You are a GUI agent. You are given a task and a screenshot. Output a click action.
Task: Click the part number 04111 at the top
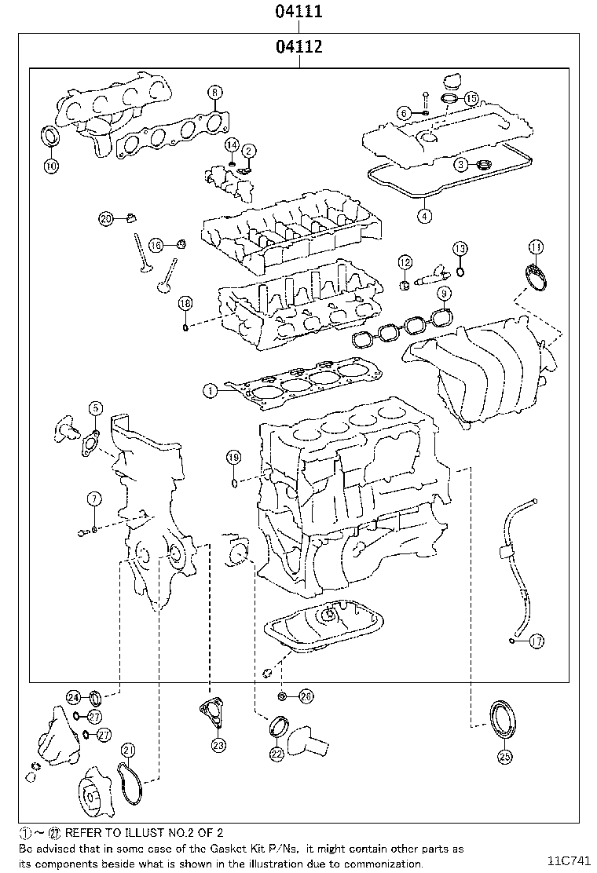[298, 12]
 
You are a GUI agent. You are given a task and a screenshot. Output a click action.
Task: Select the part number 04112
[298, 47]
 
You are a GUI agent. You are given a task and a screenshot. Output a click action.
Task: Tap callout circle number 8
[214, 92]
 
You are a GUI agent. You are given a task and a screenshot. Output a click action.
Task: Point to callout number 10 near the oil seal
[50, 166]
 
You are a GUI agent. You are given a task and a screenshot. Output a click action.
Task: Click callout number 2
[248, 150]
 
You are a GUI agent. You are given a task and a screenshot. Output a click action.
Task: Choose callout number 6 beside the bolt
[404, 113]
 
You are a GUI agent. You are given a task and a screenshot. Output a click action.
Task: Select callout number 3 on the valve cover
[463, 163]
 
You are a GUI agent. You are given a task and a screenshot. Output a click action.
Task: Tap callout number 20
[106, 218]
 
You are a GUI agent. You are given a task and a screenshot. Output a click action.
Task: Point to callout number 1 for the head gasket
[209, 389]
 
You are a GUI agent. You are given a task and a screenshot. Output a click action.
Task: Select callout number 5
[94, 407]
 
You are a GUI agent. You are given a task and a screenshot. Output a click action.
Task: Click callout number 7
[93, 498]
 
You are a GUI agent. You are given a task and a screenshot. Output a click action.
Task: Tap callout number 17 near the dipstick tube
[536, 641]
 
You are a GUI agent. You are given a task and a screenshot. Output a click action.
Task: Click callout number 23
[218, 744]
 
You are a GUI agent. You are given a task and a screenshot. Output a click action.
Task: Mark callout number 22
[276, 754]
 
